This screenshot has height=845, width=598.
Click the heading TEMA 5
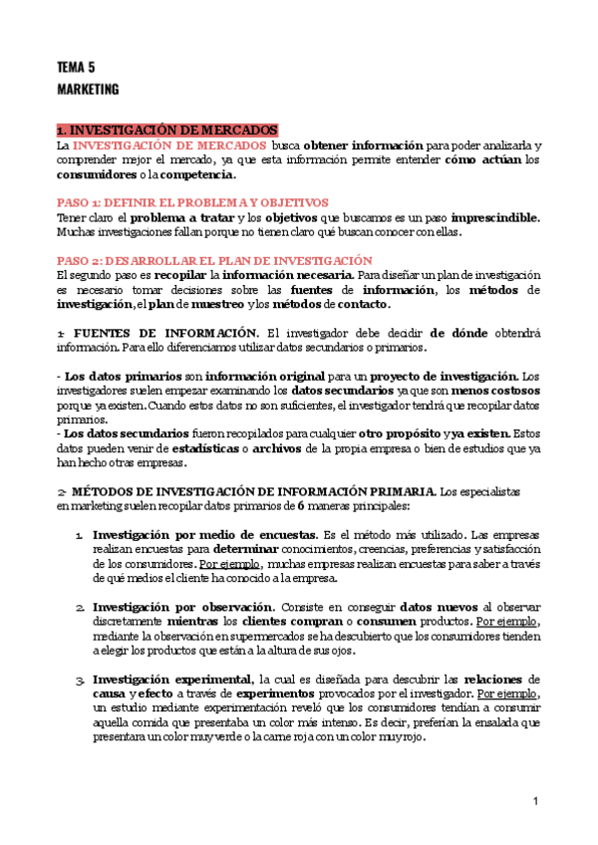tap(76, 68)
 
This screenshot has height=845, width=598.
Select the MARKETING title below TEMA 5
tap(88, 90)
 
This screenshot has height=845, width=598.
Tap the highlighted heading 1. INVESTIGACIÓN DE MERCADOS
tap(167, 131)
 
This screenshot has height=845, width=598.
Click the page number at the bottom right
tap(535, 802)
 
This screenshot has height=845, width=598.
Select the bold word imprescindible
tap(495, 217)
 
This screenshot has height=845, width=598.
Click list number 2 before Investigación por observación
tap(79, 607)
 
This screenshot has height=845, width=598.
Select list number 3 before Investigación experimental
tap(79, 680)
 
